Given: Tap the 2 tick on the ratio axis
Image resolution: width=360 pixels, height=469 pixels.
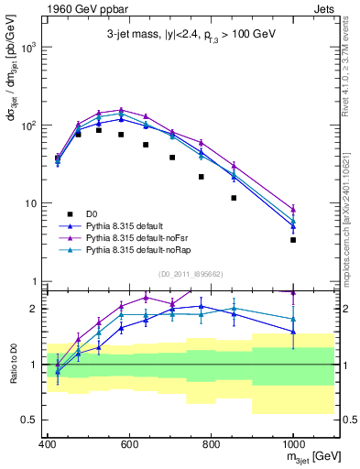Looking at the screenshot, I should tap(36, 309).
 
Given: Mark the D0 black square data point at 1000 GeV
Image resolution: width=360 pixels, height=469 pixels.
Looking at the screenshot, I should tap(293, 240).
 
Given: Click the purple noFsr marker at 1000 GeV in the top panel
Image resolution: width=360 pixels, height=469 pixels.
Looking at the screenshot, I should tap(293, 209).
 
